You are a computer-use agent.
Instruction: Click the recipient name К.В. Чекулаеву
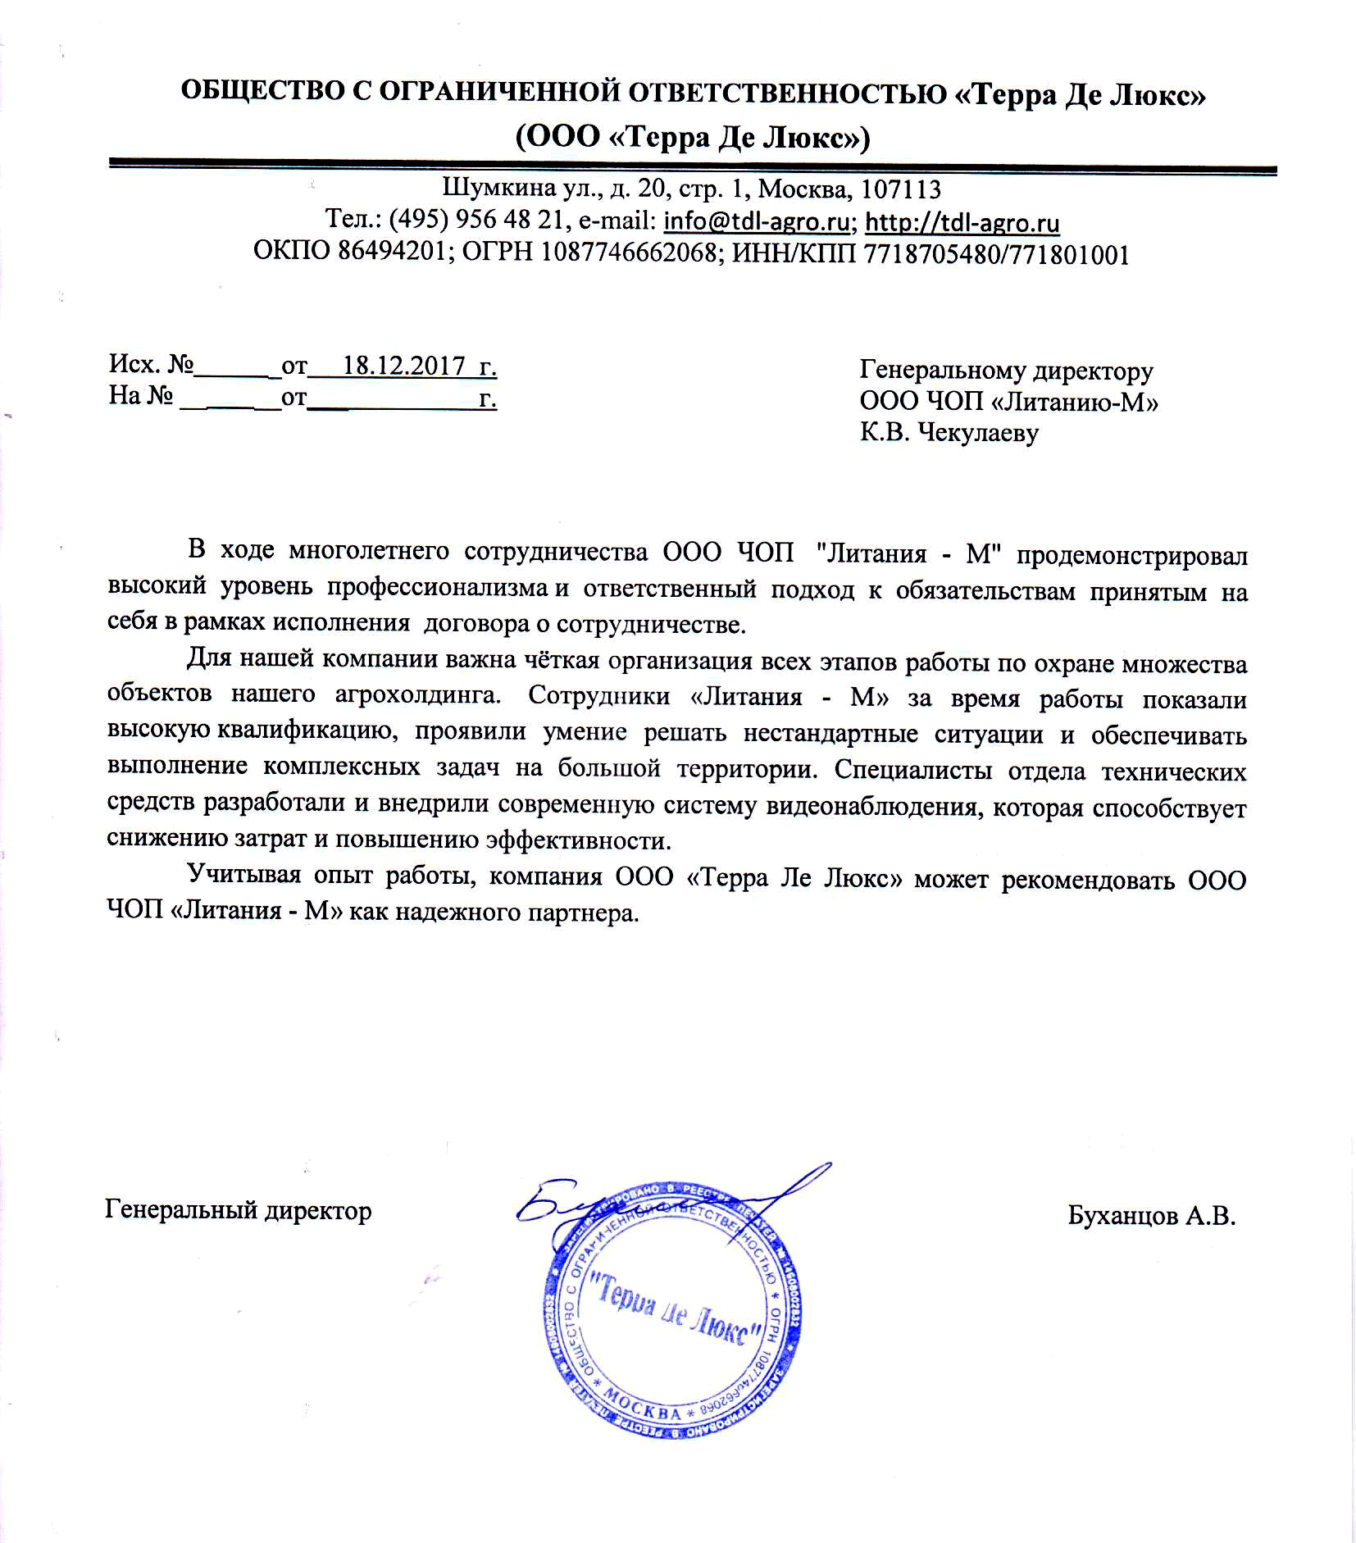(949, 432)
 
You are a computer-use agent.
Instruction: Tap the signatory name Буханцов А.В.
(1151, 1238)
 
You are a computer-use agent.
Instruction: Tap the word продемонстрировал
(1131, 554)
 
